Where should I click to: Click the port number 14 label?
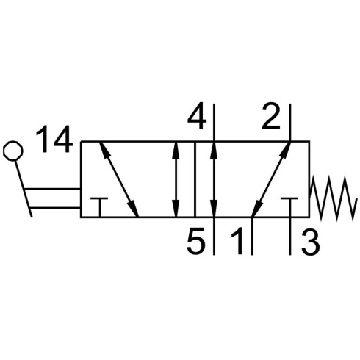click(x=54, y=139)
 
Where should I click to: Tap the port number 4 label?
click(x=197, y=116)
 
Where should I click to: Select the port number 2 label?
click(x=271, y=116)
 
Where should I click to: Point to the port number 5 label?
click(x=195, y=241)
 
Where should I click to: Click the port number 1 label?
click(x=237, y=241)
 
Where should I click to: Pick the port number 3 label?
click(x=311, y=241)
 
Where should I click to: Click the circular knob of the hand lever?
click(x=13, y=151)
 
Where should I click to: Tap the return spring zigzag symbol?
click(x=332, y=198)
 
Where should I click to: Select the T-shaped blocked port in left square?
click(x=99, y=207)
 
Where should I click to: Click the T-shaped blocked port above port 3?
click(x=289, y=207)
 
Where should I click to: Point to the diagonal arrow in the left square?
click(x=119, y=179)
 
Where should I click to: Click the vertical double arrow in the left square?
click(x=176, y=179)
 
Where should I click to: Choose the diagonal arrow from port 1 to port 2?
click(x=271, y=179)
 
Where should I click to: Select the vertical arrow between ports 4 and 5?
click(x=214, y=179)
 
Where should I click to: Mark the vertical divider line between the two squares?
click(x=195, y=179)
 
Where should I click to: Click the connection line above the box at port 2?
click(x=290, y=123)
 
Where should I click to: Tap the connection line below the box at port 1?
click(x=252, y=236)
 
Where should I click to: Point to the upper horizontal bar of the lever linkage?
click(x=52, y=189)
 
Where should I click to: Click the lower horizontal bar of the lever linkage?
click(x=55, y=208)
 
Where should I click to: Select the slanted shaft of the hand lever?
click(x=24, y=189)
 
